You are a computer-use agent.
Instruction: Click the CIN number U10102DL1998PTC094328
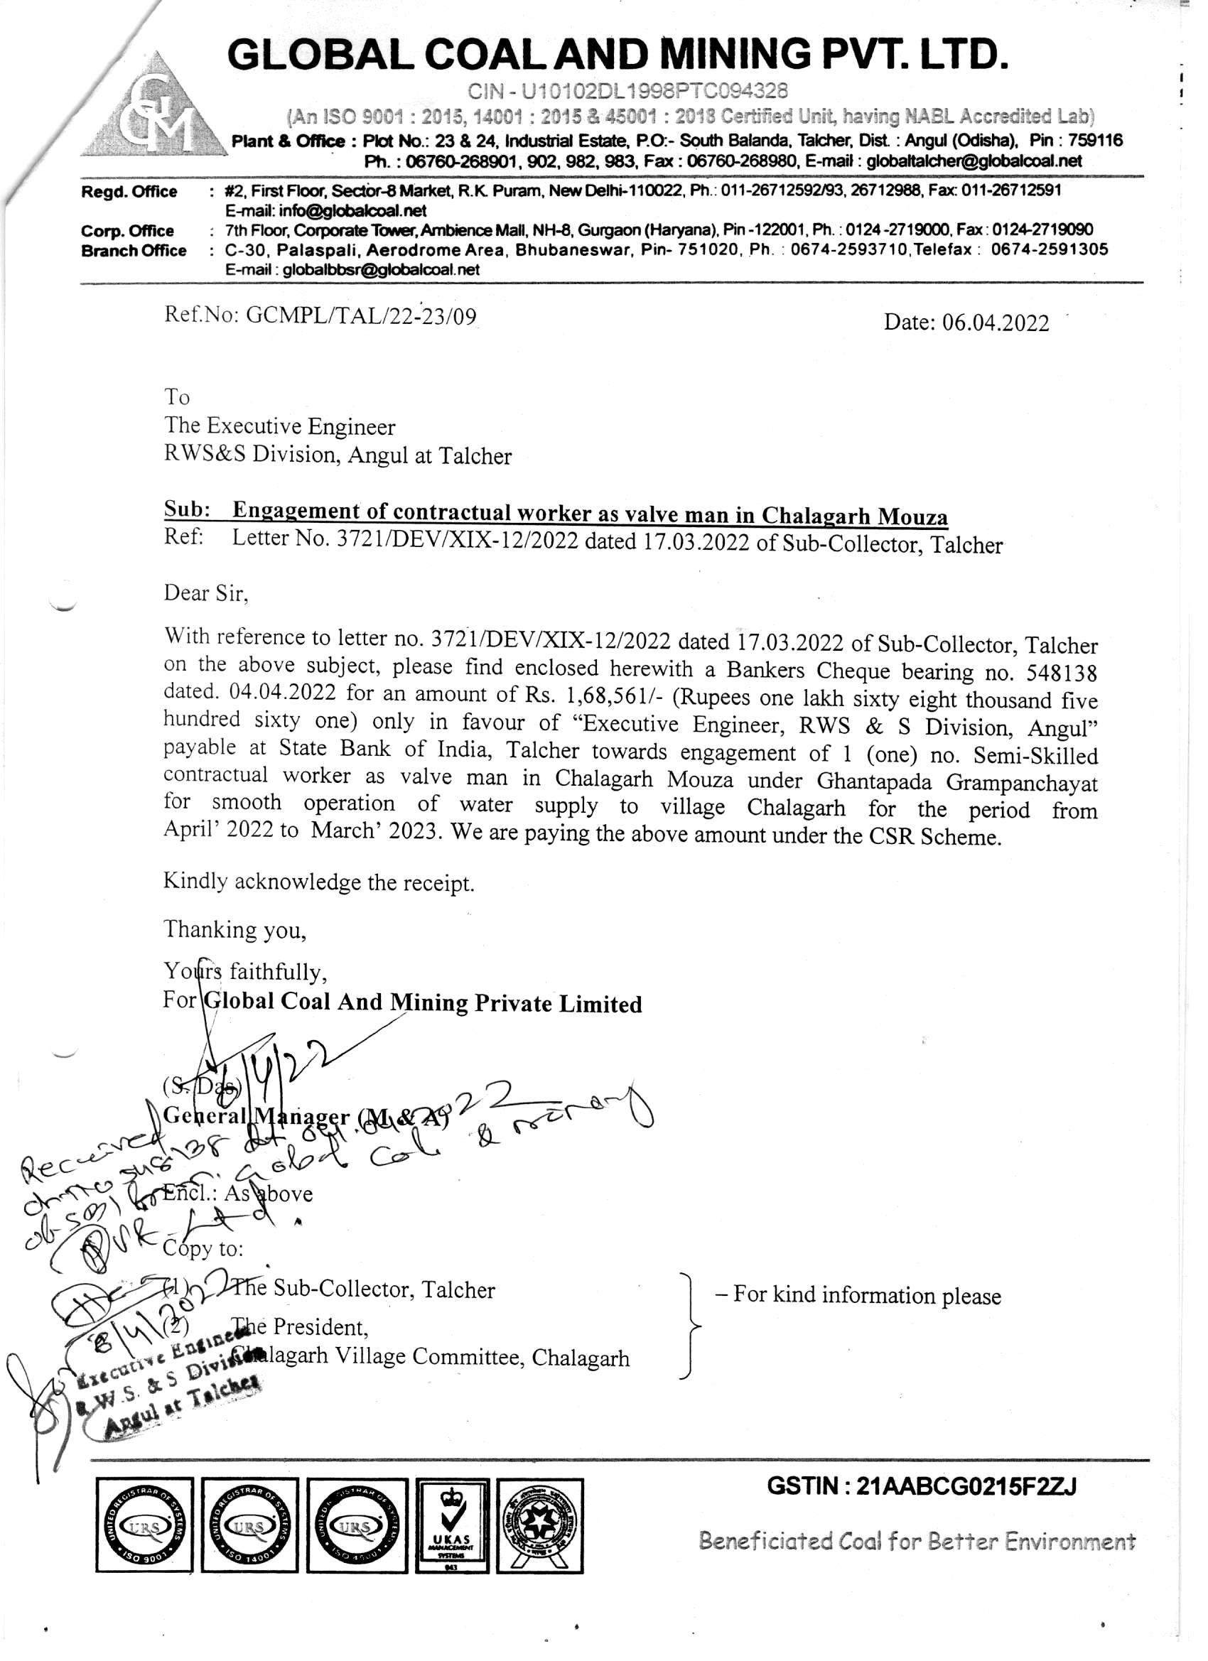628,91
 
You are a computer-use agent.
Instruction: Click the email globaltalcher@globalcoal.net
974,161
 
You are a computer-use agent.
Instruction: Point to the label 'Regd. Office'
129,192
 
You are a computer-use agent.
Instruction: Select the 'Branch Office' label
134,251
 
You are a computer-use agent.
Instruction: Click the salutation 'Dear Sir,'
206,593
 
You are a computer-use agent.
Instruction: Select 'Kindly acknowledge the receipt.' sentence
318,882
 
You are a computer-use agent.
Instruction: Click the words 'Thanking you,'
234,929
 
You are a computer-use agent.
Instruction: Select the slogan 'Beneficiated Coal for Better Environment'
917,1542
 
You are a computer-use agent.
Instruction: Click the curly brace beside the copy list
690,1326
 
